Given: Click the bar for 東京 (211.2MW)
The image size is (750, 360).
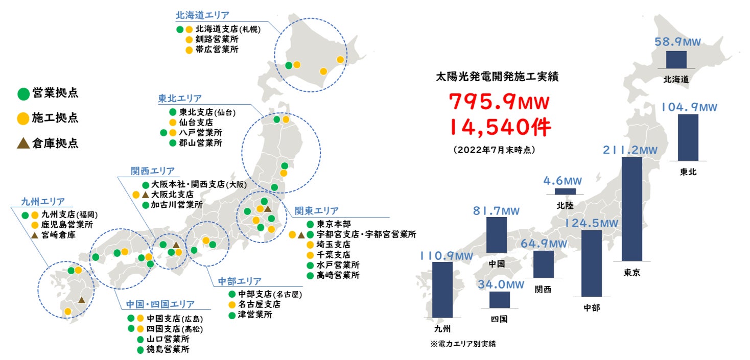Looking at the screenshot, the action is pyautogui.click(x=631, y=209).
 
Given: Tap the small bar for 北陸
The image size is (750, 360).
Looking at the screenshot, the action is pyautogui.click(x=565, y=191).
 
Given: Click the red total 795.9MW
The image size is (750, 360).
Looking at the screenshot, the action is pyautogui.click(x=499, y=103).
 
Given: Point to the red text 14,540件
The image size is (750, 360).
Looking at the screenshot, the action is pyautogui.click(x=500, y=127).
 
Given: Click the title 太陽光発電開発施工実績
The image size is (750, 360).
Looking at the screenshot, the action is pyautogui.click(x=497, y=77).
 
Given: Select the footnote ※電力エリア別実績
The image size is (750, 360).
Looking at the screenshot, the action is pyautogui.click(x=463, y=344).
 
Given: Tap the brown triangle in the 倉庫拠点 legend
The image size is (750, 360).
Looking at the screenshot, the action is pyautogui.click(x=23, y=143).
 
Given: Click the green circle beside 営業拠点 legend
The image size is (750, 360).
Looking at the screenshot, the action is pyautogui.click(x=23, y=93).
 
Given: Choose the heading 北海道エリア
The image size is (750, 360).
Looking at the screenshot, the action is pyautogui.click(x=202, y=15).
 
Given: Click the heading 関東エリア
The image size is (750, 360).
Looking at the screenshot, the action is pyautogui.click(x=316, y=211).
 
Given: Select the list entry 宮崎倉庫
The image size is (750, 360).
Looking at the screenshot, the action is pyautogui.click(x=59, y=235).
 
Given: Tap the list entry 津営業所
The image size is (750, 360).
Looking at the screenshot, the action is pyautogui.click(x=255, y=315).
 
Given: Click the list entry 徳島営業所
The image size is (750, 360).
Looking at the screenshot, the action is pyautogui.click(x=168, y=350).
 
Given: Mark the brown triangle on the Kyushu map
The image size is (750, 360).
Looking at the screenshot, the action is pyautogui.click(x=81, y=300).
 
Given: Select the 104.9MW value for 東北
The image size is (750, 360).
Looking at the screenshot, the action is pyautogui.click(x=689, y=107).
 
